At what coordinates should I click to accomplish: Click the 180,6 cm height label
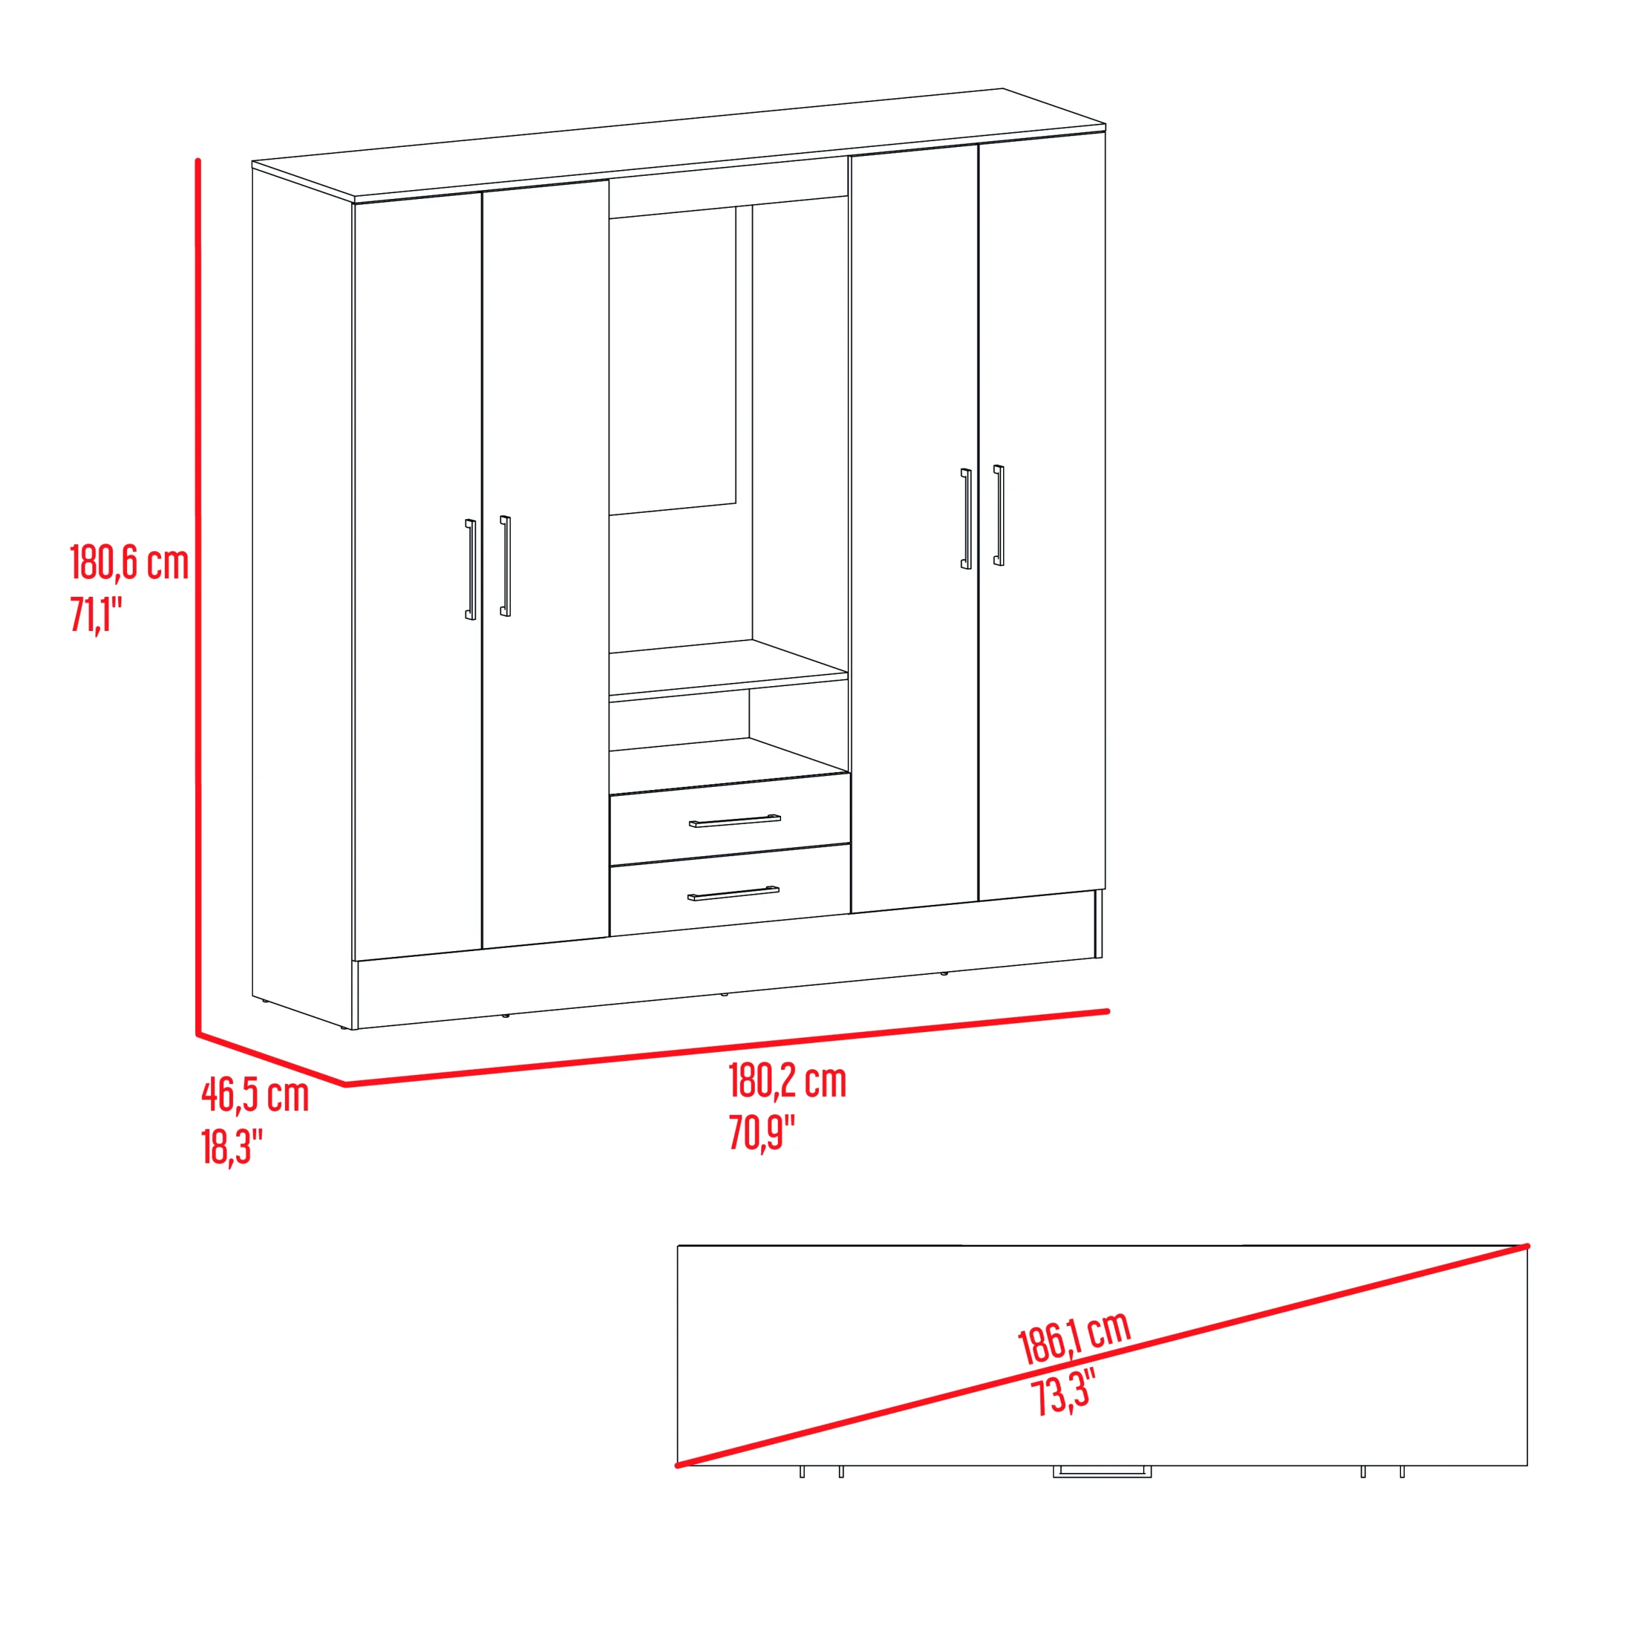pos(129,563)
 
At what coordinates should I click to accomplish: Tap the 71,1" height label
pos(96,614)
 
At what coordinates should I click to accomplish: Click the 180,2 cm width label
pos(787,1081)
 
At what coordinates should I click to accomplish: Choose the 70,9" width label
pos(762,1132)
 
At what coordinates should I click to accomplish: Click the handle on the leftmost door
pos(470,569)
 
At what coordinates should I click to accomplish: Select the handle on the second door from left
pos(505,565)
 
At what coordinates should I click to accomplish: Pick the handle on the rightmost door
pos(999,515)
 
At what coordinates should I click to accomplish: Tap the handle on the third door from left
pos(965,519)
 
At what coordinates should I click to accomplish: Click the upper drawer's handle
pos(735,821)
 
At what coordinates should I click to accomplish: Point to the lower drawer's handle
pos(733,893)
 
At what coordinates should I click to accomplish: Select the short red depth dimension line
pos(272,1060)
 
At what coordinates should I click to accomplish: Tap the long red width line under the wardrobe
pos(727,1047)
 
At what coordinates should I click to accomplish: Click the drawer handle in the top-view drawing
pos(1102,1470)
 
